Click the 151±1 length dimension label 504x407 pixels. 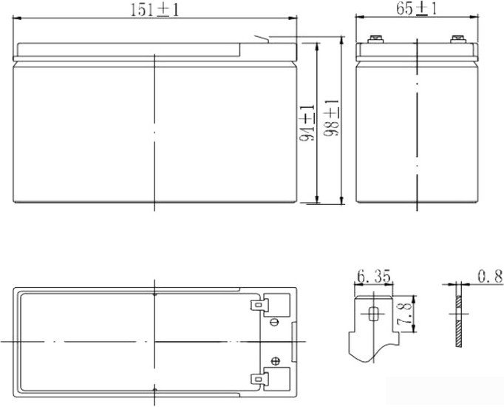point(154,10)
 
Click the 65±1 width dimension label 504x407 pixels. point(417,8)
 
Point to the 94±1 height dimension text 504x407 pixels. point(307,124)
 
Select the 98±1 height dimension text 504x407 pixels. point(331,118)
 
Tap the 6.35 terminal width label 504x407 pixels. point(374,277)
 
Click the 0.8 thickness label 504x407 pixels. point(490,276)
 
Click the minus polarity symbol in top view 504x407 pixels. point(274,322)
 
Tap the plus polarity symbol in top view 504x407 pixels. point(275,361)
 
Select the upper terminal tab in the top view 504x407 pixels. point(259,305)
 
